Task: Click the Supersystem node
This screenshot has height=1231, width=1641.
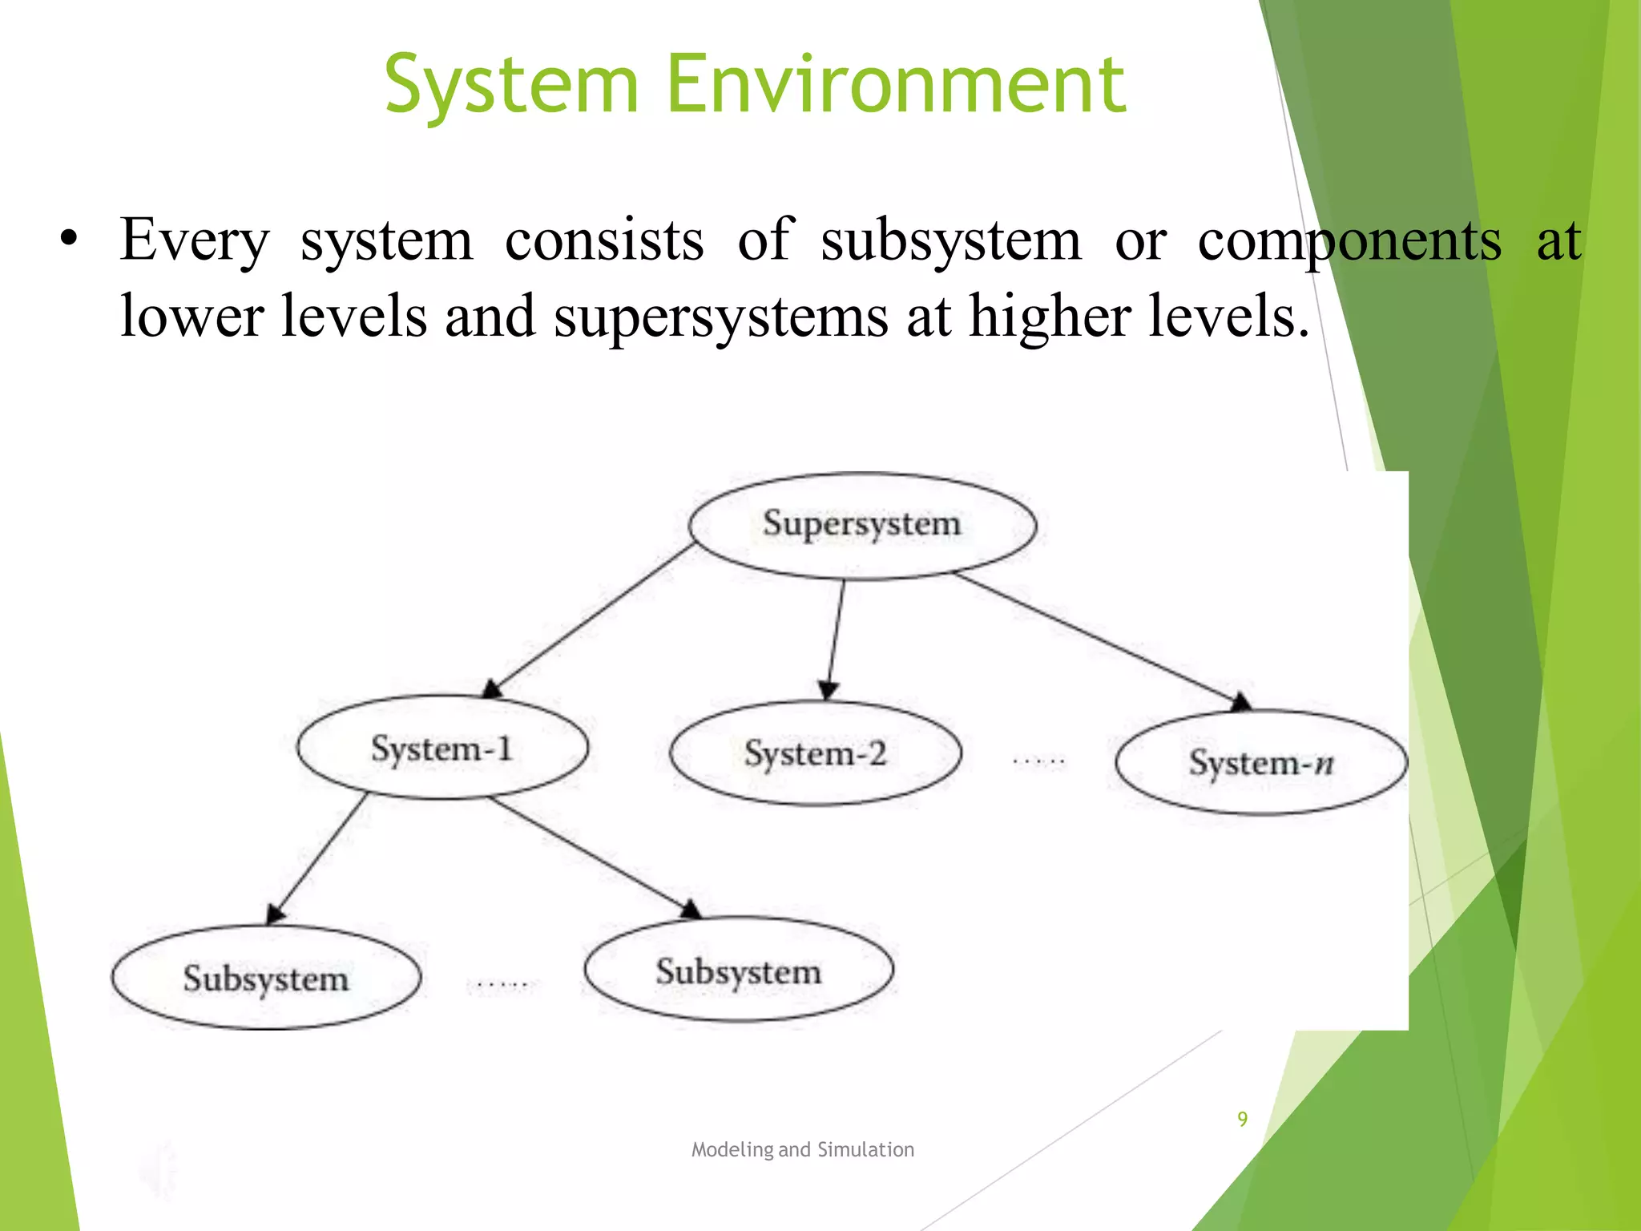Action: (862, 525)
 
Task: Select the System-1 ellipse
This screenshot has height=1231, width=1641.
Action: (442, 748)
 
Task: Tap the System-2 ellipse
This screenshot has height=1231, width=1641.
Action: (815, 753)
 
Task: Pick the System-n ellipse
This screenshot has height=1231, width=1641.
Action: (1261, 762)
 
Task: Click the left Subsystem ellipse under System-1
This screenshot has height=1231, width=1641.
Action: (266, 978)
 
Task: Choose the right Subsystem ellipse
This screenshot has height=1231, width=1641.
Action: (739, 971)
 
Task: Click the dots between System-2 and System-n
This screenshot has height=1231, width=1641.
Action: (1038, 760)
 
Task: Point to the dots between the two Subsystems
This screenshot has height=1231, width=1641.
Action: (502, 983)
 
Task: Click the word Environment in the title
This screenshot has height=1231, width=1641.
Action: (896, 83)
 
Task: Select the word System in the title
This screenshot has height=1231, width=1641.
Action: (511, 85)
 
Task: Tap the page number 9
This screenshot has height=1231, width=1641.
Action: (1242, 1119)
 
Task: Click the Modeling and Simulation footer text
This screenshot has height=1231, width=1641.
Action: (802, 1149)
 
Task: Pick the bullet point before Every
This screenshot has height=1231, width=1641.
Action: (70, 240)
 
